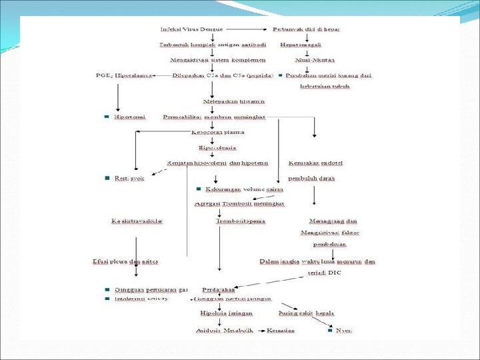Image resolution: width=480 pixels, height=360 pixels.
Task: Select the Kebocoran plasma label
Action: [x=213, y=132]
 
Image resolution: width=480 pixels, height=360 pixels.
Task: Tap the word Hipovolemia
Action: [x=213, y=147]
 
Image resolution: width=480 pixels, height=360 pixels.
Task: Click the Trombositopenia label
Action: [x=240, y=220]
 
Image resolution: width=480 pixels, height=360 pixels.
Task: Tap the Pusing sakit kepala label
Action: [x=306, y=313]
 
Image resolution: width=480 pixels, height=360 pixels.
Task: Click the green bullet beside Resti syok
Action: [x=107, y=178]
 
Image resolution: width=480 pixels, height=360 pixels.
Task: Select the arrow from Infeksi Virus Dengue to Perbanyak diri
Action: [x=248, y=30]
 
